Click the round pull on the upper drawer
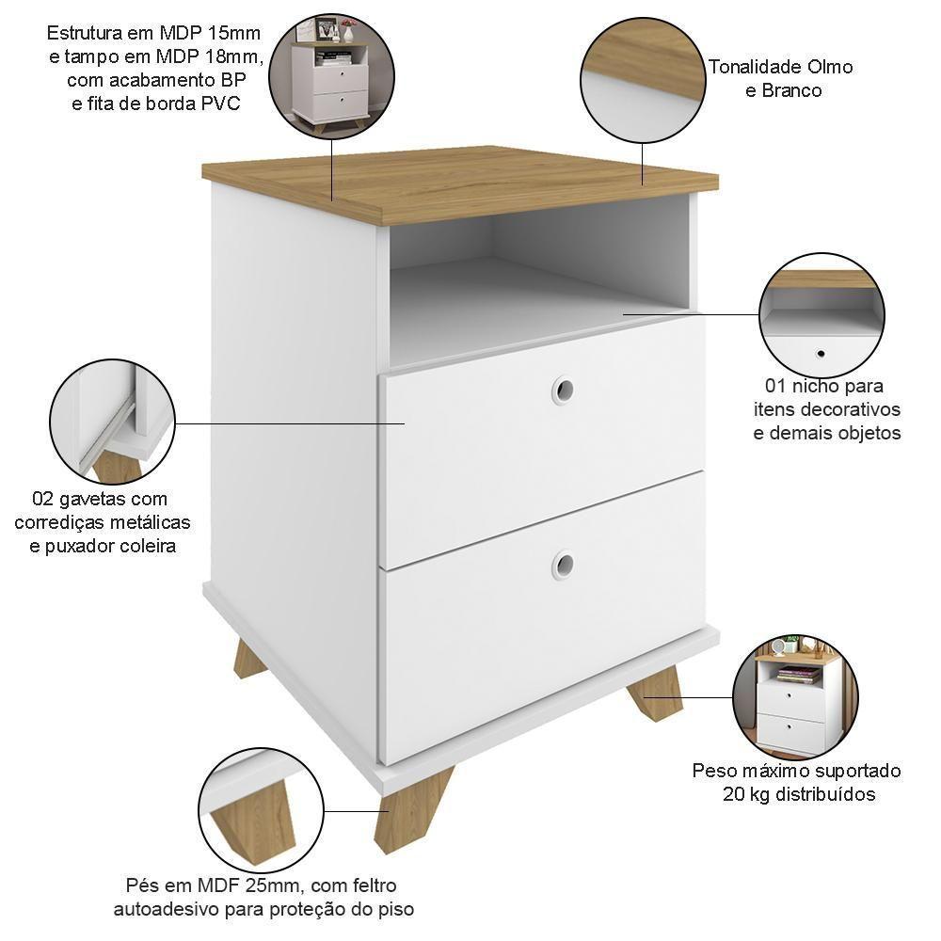[563, 389]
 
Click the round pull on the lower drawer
[563, 564]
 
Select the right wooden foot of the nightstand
[655, 693]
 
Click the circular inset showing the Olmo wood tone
[643, 79]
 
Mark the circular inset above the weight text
[795, 697]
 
